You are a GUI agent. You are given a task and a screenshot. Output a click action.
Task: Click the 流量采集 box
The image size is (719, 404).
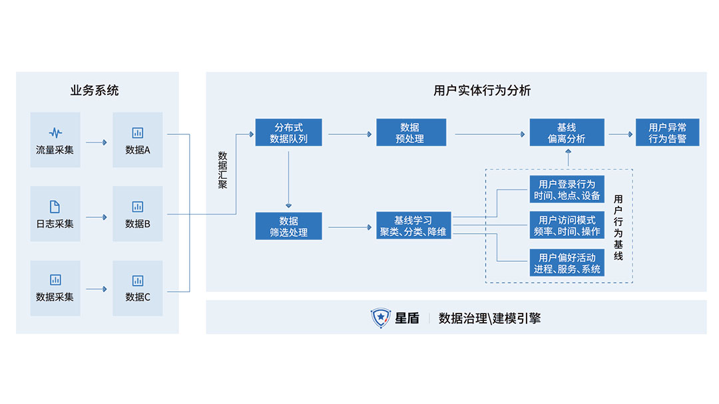tap(55, 140)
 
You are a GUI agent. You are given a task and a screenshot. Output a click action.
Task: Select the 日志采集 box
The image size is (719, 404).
tap(55, 213)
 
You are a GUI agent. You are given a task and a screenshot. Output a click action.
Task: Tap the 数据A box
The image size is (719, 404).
tap(138, 140)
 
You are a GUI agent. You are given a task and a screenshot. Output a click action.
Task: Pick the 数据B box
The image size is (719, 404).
tap(138, 213)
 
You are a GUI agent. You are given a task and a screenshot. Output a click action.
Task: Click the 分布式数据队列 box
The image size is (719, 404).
tap(288, 133)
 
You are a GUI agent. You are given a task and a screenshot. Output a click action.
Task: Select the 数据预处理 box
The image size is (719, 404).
tap(411, 133)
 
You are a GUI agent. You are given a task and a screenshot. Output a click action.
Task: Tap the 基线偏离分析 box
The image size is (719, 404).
tap(567, 133)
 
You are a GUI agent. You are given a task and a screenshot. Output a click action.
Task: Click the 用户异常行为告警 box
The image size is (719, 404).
tap(667, 133)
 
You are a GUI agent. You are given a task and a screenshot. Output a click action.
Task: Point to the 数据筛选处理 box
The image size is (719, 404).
tap(288, 227)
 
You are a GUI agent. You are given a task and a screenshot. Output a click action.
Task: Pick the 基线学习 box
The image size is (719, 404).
tap(413, 227)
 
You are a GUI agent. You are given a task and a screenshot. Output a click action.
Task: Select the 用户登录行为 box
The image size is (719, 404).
tap(567, 189)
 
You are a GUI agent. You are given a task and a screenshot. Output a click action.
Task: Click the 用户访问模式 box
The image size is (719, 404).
tap(567, 225)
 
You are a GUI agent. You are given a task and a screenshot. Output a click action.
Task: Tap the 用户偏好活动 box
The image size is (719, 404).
tap(567, 262)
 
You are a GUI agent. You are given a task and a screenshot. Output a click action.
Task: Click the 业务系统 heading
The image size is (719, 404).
tap(95, 90)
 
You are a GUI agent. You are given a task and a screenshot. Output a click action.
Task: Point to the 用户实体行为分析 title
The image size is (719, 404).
tap(482, 90)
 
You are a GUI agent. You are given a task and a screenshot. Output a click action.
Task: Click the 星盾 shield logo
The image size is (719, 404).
tap(380, 318)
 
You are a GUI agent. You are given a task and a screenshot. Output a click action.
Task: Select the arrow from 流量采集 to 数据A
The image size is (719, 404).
tap(97, 142)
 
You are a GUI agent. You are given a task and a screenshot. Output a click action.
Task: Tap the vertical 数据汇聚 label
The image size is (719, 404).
tap(222, 170)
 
